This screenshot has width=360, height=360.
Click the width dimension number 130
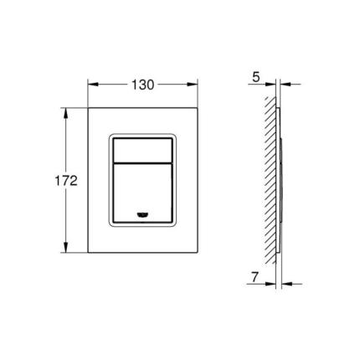(x=143, y=84)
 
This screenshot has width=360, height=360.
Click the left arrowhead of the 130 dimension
(x=91, y=84)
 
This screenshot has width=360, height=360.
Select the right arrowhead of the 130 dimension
(x=194, y=84)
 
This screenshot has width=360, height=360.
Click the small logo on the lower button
(x=143, y=215)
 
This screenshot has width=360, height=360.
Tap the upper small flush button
(x=143, y=147)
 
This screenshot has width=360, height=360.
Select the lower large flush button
(x=143, y=188)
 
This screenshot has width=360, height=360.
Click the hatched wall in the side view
(x=268, y=180)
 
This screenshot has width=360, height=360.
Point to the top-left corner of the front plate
(x=88, y=107)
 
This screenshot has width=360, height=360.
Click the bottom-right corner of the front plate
(x=198, y=253)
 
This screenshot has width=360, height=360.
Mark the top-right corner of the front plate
(x=198, y=107)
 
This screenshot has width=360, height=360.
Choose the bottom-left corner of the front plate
(x=88, y=253)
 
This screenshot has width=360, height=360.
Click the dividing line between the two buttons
(x=143, y=161)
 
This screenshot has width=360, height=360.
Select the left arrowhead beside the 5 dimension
(x=272, y=84)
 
